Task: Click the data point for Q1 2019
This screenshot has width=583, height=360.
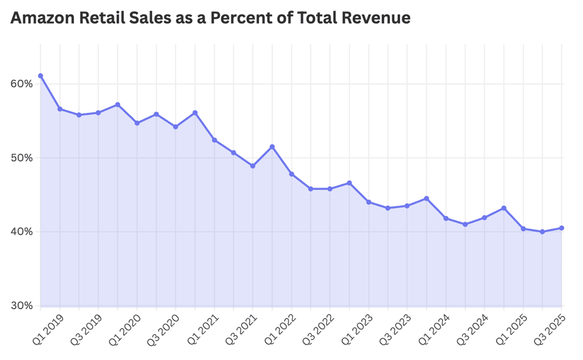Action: tap(40, 76)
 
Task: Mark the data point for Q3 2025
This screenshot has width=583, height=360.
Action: tap(561, 228)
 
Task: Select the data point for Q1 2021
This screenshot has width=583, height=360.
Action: tap(214, 140)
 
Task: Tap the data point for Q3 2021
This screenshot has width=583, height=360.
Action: tap(252, 166)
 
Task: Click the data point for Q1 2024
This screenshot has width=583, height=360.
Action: tap(445, 218)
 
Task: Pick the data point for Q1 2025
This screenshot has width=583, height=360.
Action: tap(523, 229)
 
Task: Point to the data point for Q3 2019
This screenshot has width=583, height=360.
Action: tap(98, 113)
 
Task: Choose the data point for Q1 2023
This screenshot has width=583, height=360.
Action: tap(368, 202)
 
